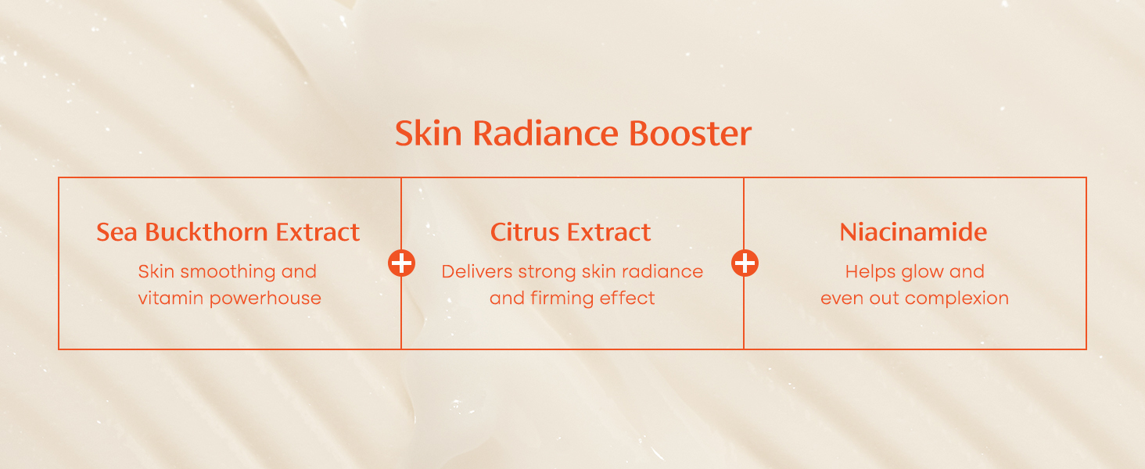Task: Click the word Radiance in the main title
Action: (x=545, y=134)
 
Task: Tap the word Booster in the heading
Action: (x=690, y=134)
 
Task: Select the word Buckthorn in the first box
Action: (x=206, y=232)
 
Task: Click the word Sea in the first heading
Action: (x=117, y=232)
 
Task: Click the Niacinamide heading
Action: (x=913, y=232)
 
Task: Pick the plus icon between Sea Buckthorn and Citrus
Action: (x=401, y=263)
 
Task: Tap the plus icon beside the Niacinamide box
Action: (x=745, y=263)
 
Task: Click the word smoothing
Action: (x=228, y=272)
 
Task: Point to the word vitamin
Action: (x=171, y=299)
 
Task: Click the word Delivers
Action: (x=477, y=272)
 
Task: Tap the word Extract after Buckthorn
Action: (x=318, y=232)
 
